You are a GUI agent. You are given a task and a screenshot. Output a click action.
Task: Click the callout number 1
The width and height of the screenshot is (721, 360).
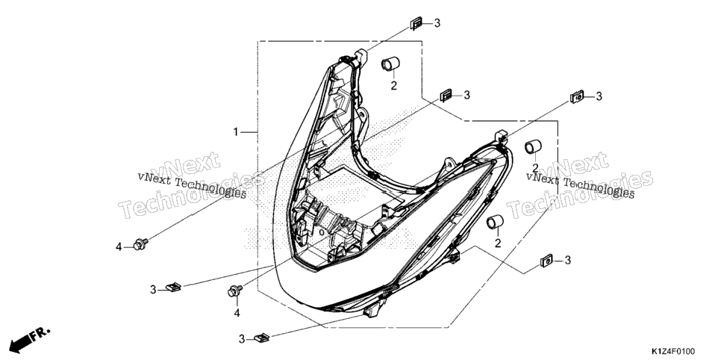tap(236, 133)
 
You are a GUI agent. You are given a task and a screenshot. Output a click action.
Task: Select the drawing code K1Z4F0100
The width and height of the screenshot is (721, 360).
tap(672, 352)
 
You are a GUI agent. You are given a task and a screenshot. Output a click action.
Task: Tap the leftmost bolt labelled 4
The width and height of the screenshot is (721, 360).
tap(140, 244)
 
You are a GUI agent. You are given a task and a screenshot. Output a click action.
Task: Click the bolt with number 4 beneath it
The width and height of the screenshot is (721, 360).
tap(235, 291)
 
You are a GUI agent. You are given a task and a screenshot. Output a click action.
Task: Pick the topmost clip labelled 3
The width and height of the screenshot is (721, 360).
tap(416, 23)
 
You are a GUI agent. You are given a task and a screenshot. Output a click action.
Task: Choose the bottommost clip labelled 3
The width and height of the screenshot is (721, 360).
tap(261, 338)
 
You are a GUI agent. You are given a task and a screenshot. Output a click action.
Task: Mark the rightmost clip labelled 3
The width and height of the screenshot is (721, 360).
tap(577, 96)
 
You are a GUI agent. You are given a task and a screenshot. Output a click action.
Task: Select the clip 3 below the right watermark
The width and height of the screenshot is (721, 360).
tap(547, 261)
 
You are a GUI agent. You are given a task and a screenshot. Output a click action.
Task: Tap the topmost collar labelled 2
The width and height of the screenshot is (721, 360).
tap(390, 63)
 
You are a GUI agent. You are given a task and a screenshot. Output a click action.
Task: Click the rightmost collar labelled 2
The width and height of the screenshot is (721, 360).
tap(534, 146)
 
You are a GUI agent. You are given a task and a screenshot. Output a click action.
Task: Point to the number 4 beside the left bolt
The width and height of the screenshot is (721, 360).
tap(119, 247)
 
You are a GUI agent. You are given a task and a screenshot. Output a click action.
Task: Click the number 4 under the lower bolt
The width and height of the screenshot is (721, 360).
tap(237, 313)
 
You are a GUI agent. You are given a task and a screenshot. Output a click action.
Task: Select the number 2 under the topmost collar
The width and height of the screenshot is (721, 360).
tap(393, 85)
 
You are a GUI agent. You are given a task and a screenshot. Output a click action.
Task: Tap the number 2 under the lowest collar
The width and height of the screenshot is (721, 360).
tap(498, 243)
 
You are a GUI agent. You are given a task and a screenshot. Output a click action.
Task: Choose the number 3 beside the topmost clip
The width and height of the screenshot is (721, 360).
tap(437, 23)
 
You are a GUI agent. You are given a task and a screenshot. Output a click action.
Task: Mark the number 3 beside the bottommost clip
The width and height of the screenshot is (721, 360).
tap(242, 339)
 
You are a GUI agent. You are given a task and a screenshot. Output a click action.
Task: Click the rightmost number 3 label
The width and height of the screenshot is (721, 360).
tap(599, 96)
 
